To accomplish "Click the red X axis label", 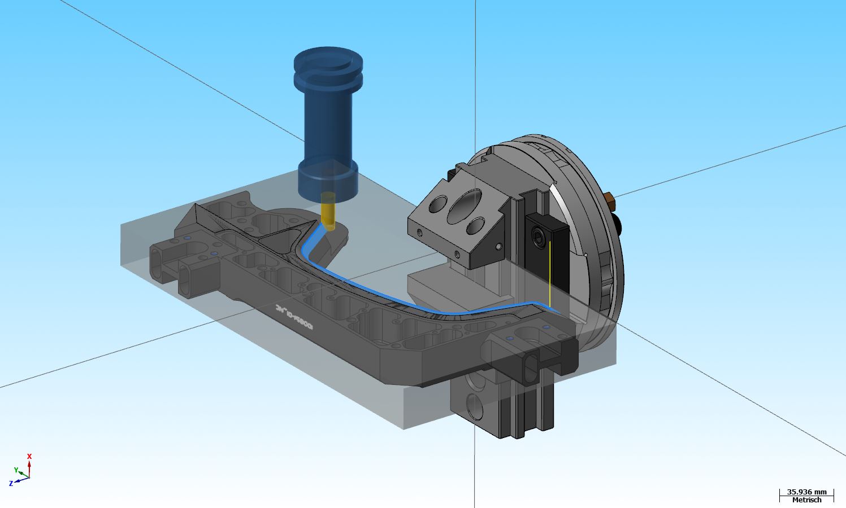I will click(x=29, y=456).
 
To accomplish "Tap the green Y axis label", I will click(x=16, y=470).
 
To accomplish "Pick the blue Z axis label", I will click(x=11, y=484).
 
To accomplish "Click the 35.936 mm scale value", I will click(x=806, y=492).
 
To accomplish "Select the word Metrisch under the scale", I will click(x=806, y=500).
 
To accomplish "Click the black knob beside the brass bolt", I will click(x=619, y=225).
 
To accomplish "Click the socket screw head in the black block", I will click(x=538, y=234).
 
